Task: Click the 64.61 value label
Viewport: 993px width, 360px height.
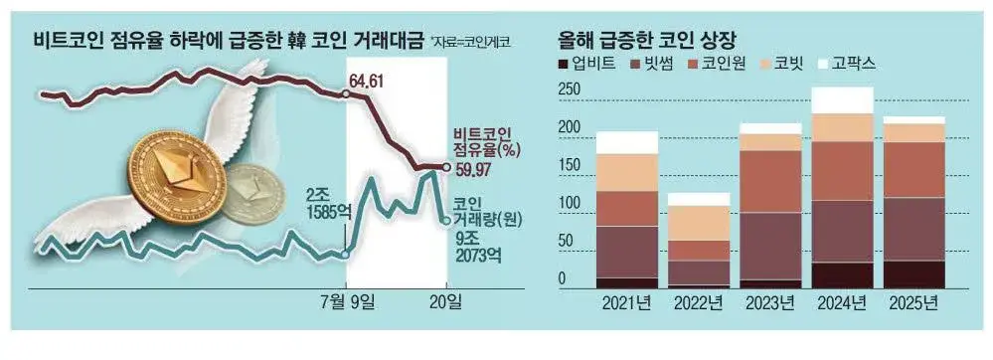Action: [x=364, y=80]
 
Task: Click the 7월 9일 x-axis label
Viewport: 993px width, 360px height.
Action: [x=344, y=301]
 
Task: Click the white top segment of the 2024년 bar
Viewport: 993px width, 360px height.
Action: [x=843, y=100]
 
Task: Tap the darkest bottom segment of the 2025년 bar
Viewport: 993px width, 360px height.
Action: [x=913, y=273]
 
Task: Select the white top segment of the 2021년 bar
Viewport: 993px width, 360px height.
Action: [x=626, y=142]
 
